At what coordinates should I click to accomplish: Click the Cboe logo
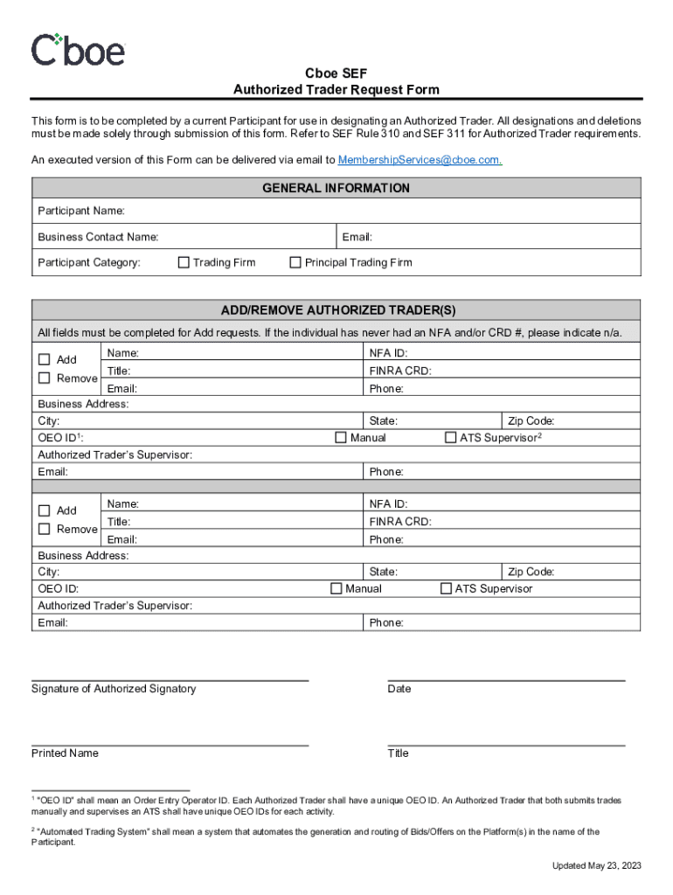point(78,50)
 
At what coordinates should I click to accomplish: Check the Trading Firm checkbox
point(184,262)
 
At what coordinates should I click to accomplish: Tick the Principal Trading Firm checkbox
point(295,262)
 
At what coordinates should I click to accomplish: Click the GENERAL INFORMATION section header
point(336,188)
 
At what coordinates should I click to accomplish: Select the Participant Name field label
point(81,211)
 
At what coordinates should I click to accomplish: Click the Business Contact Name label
point(98,237)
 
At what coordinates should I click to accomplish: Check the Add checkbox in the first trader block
point(45,359)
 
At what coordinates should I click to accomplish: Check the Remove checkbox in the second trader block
point(45,529)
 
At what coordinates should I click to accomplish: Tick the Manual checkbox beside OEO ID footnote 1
point(341,437)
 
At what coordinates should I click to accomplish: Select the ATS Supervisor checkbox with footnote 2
point(451,437)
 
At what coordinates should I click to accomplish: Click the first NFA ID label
point(388,353)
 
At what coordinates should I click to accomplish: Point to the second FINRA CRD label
point(400,522)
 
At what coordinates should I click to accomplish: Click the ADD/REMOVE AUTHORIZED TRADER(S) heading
point(337,310)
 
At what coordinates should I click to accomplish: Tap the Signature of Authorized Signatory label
point(114,689)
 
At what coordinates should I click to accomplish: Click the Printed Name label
point(65,753)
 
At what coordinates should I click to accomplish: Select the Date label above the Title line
point(399,689)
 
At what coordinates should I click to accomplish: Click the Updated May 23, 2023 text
point(596,865)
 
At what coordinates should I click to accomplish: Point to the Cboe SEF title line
point(336,74)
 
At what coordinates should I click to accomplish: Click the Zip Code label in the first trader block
point(531,420)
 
